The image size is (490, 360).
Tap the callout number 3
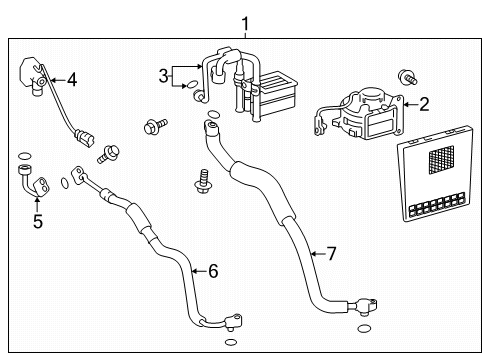pos(164,76)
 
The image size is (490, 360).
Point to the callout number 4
pos(71,78)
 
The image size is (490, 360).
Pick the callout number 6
pos(211,270)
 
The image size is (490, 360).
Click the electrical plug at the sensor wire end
pos(84,134)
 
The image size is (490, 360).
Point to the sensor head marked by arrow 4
pos(37,74)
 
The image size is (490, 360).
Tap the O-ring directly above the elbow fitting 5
pos(22,155)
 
